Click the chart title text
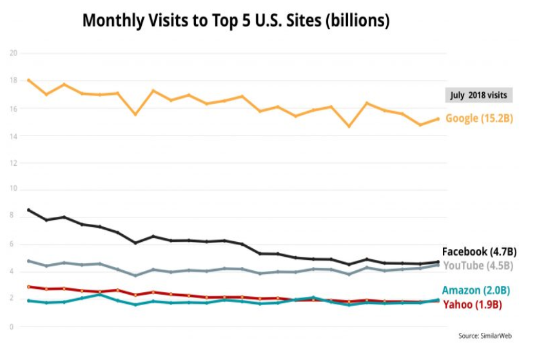click(236, 21)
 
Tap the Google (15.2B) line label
click(479, 119)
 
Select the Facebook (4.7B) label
click(479, 252)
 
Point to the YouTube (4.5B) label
click(478, 265)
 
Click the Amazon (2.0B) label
click(478, 291)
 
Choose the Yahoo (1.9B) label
click(473, 304)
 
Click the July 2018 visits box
click(478, 95)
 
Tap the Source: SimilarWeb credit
click(485, 336)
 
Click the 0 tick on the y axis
click(12, 327)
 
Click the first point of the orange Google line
click(29, 80)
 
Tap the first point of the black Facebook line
click(29, 210)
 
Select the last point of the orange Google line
click(438, 119)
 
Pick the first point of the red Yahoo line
click(29, 286)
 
